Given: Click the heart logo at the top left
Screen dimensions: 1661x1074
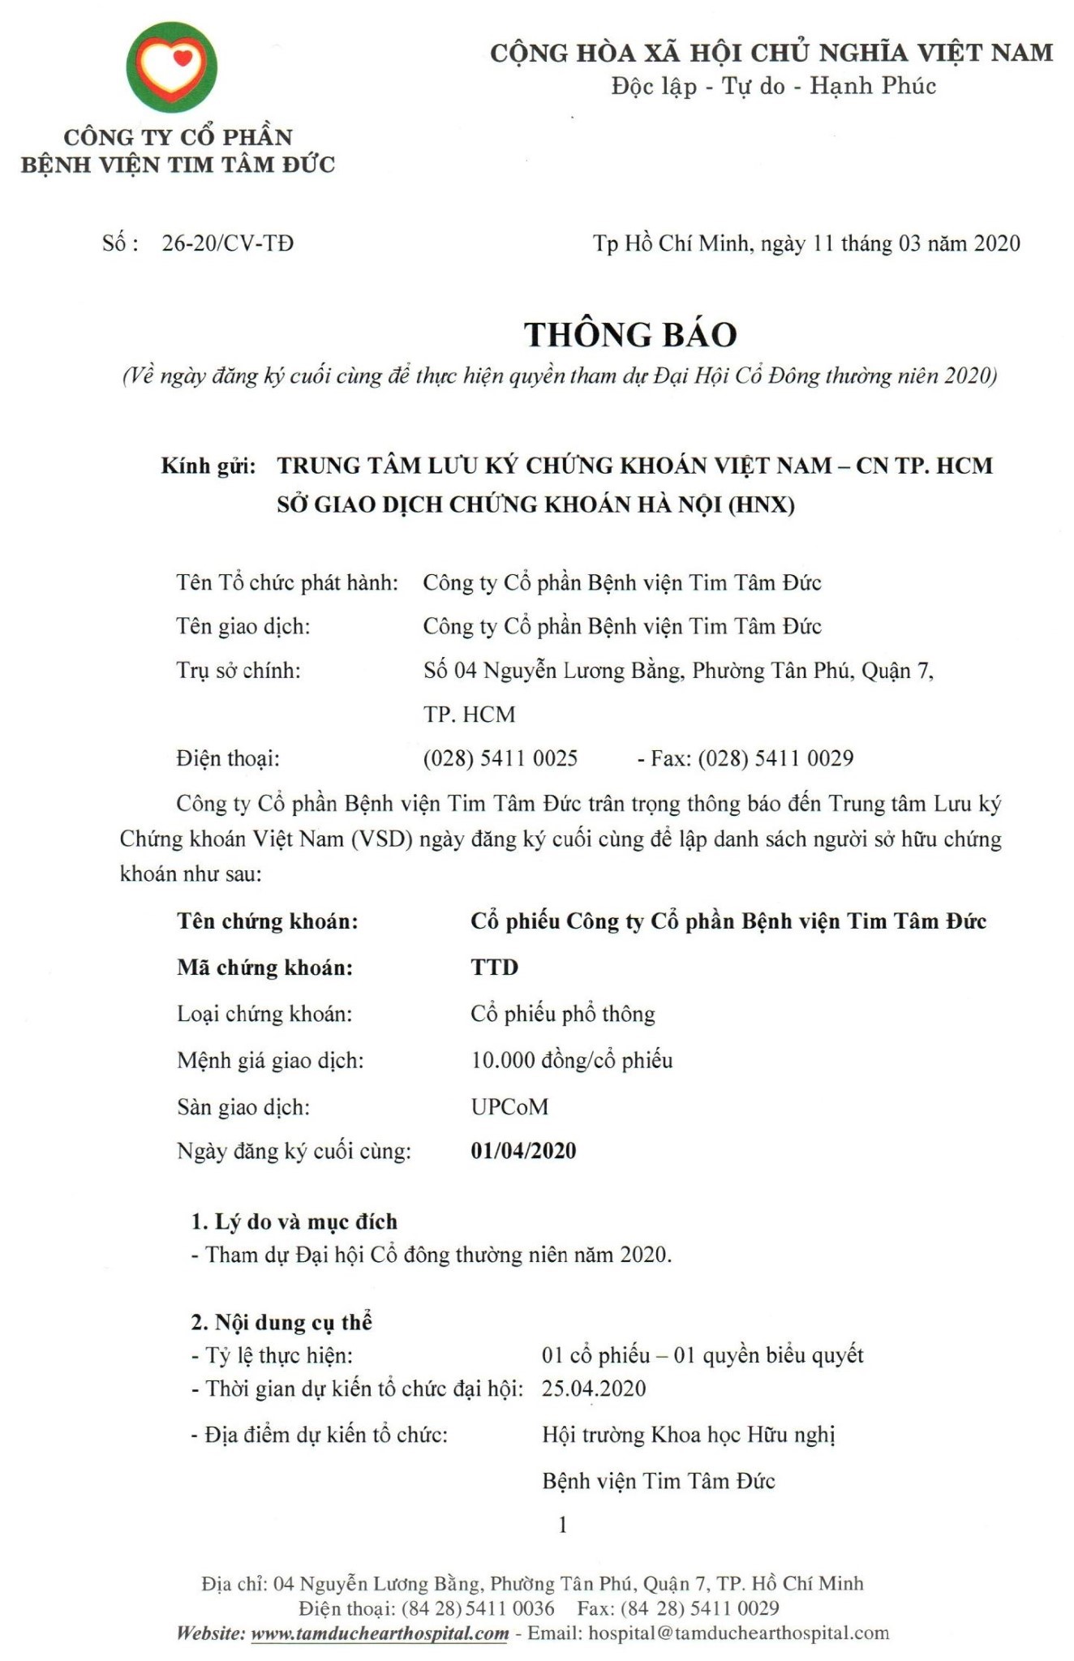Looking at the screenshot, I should [x=171, y=67].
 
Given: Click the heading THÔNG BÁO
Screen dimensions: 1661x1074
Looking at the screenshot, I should [x=629, y=334].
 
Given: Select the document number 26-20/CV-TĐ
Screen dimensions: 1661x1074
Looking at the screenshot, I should [x=228, y=243].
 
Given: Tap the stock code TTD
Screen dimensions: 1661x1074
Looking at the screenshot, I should [x=494, y=967].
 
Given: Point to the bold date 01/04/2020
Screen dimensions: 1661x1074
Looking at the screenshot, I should [x=523, y=1151].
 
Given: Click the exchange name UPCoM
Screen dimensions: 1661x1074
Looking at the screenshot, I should [x=509, y=1106].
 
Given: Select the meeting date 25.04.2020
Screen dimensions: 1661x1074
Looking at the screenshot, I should [x=594, y=1388].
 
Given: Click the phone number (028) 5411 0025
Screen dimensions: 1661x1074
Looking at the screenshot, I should [x=500, y=758].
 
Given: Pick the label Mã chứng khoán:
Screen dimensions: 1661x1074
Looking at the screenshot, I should [x=265, y=967].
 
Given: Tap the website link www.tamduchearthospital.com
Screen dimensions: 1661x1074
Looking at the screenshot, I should [x=380, y=1633].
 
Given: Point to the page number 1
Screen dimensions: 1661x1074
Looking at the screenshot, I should [x=563, y=1526].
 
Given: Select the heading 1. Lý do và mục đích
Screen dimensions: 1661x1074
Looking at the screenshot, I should [x=294, y=1221].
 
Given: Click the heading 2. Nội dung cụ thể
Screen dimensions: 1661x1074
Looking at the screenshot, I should [x=281, y=1322].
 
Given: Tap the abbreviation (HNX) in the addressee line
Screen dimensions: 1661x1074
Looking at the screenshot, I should [x=762, y=504].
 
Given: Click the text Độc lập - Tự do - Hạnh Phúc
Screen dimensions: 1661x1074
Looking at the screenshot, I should [x=773, y=85].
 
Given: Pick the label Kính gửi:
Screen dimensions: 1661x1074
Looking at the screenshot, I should [x=208, y=466].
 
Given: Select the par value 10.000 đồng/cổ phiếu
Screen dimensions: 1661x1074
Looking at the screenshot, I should [x=572, y=1060].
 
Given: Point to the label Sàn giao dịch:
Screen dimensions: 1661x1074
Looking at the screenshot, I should [x=243, y=1106].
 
